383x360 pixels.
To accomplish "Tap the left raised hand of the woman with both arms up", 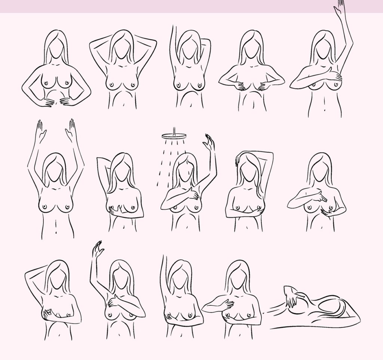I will tap(40, 131).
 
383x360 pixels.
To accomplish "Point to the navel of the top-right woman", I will tap(324, 110).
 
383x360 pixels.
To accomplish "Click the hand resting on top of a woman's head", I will tap(237, 161).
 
